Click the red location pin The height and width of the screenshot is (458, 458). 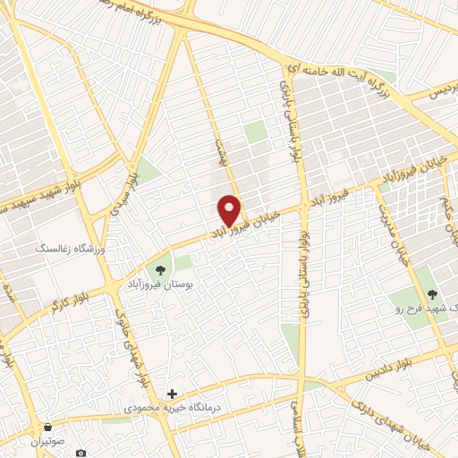(230, 209)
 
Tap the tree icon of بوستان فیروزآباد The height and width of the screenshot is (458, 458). (161, 268)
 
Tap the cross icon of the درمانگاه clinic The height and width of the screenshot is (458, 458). (172, 394)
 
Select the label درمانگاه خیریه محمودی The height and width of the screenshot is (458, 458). (161, 408)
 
